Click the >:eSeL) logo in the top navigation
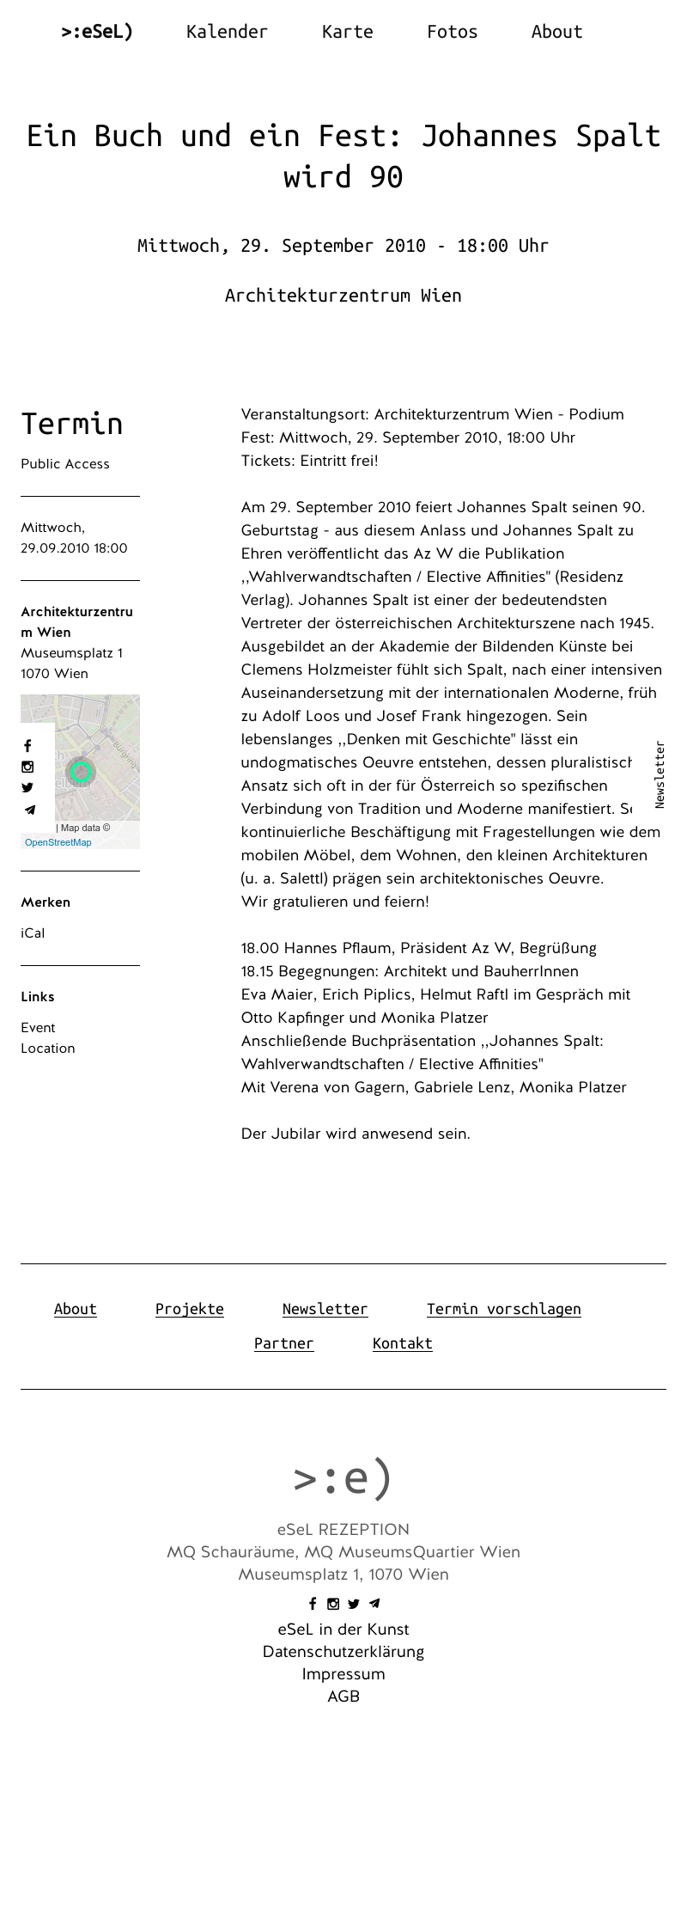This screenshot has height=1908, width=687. coord(97,32)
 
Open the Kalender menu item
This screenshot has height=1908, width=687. coord(227,32)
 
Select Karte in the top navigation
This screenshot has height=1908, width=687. coord(347,32)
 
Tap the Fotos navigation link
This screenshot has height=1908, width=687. coord(452,32)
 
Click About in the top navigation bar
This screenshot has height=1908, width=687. coord(556,32)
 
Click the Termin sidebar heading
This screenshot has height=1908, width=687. coord(72,424)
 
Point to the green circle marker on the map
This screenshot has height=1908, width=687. coord(81,771)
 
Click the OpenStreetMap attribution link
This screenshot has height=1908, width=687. coord(58,842)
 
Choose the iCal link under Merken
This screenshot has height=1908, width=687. coord(33,933)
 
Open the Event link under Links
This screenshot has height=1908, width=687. coord(38,1028)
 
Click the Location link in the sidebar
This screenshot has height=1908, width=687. coord(48,1049)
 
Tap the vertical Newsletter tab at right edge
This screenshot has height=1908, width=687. coord(660,774)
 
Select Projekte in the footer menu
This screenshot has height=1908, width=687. coord(190,1309)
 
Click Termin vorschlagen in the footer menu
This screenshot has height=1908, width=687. coord(503,1309)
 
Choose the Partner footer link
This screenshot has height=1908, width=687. coord(283,1343)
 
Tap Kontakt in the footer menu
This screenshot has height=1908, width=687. coord(402,1343)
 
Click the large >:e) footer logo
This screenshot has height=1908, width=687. coord(343,1478)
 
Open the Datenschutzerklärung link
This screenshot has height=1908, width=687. coord(343,1652)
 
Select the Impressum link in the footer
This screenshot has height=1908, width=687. coord(343,1674)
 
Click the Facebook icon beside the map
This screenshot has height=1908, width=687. coord(27,746)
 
